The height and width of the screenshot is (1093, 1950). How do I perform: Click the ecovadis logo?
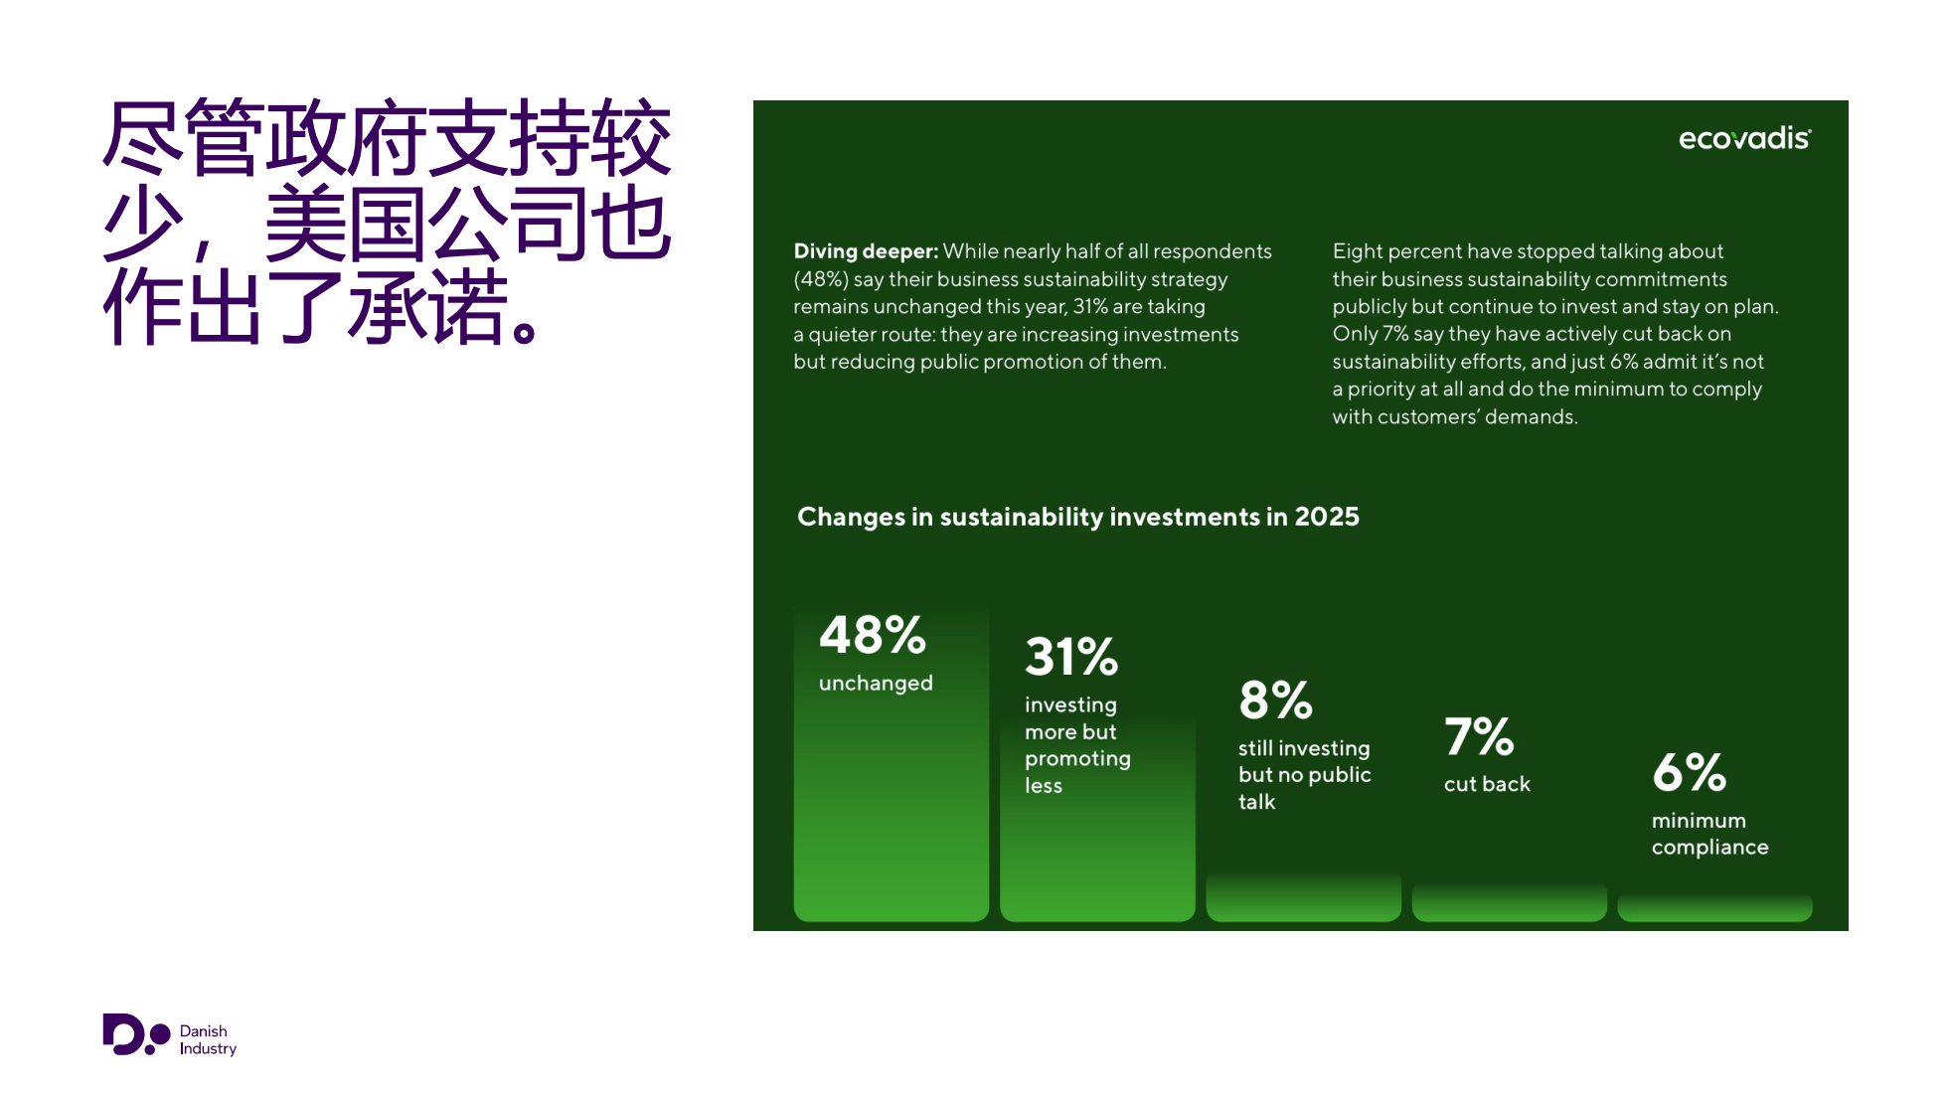coord(1744,138)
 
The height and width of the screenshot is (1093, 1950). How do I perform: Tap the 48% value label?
coord(872,635)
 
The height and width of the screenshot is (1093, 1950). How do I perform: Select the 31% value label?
coord(1071,657)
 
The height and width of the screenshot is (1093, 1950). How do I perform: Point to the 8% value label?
coord(1275,700)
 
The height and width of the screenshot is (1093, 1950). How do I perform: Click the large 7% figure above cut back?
coord(1479,736)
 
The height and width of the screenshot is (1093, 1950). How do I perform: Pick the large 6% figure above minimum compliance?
coord(1689,772)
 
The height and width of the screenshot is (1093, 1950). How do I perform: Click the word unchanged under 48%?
coord(876,684)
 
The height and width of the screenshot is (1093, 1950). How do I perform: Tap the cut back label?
coord(1487,784)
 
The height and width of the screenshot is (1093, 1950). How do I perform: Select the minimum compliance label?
coord(1710,834)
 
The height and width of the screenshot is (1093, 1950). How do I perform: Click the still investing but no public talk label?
coord(1304,775)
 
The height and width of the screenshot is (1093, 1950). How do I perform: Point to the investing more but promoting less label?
coord(1077,745)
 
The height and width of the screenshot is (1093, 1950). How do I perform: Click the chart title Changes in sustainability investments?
coord(1078,517)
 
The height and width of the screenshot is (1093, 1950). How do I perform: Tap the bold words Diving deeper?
coord(866,251)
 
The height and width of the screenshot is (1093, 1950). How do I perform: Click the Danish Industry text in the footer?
coord(208,1039)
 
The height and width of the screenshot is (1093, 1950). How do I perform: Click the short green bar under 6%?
coord(1714,907)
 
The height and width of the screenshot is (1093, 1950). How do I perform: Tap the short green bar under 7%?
coord(1509,902)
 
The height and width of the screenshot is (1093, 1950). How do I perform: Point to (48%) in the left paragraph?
coord(821,279)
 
